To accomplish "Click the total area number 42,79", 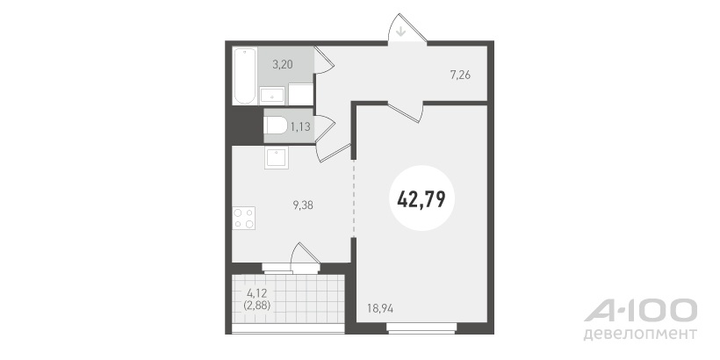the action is pos(421,198).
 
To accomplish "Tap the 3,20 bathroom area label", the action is pos(283,64).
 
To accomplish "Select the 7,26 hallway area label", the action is pos(461,75).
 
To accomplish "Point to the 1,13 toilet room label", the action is pos(302,126).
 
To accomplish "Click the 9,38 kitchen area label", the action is pos(303,206).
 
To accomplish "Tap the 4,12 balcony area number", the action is pos(257,292).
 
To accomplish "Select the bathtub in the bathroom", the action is pos(244,76).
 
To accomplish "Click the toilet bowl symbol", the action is pos(276,126).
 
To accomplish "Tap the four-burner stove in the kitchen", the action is pos(244,218).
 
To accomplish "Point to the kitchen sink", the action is pos(277,158).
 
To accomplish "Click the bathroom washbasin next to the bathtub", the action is pos(272,97).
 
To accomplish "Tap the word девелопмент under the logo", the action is pos(640,334).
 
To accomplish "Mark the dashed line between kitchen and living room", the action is pos(354,198).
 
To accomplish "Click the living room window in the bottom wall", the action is pos(421,327).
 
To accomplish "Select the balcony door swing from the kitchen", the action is pos(306,253).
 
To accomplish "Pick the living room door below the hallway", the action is pos(406,112).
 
